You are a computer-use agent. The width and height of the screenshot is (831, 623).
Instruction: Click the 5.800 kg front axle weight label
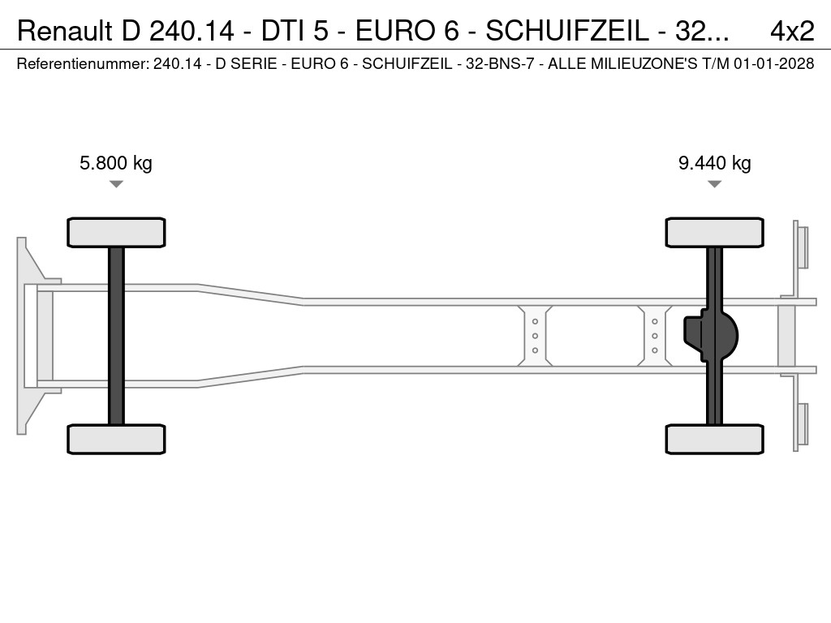[115, 163]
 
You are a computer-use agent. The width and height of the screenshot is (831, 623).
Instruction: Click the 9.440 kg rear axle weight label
[714, 163]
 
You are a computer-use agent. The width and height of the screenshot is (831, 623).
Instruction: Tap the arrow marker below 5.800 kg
[116, 184]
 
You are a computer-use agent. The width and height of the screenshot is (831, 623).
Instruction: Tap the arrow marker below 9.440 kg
[714, 184]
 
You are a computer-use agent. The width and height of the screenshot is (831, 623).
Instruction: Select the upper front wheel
[116, 233]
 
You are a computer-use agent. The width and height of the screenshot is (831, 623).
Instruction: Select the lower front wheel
[116, 439]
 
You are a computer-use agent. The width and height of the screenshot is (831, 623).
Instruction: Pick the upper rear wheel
[714, 233]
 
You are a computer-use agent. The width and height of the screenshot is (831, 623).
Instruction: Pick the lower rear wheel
[714, 439]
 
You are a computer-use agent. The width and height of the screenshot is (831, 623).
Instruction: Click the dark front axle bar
[116, 336]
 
